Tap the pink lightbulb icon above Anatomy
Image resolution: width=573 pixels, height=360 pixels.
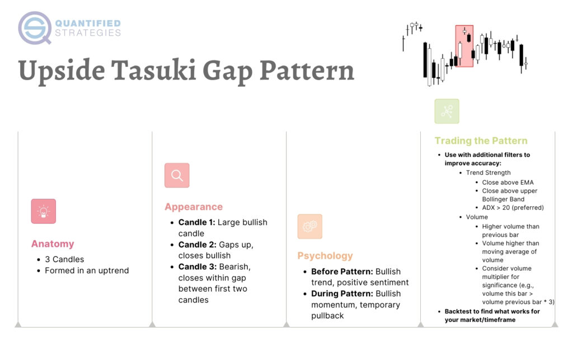click(x=44, y=211)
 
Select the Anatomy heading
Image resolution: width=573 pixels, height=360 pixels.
click(x=53, y=244)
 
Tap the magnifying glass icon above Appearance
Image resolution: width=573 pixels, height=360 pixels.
click(x=177, y=175)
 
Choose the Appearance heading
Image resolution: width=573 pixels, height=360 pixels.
click(x=194, y=207)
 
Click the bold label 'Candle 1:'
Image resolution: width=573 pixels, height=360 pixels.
click(x=196, y=222)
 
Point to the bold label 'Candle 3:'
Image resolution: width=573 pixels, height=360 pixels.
click(x=196, y=267)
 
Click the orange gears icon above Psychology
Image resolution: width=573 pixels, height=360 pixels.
click(x=309, y=226)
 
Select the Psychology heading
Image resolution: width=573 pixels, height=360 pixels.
click(x=325, y=256)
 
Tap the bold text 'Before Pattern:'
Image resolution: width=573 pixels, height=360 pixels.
click(x=342, y=272)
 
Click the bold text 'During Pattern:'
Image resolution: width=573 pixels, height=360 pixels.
click(x=342, y=293)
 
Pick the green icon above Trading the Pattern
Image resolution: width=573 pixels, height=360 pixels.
click(x=447, y=111)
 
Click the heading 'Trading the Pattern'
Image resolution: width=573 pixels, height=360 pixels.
click(x=481, y=141)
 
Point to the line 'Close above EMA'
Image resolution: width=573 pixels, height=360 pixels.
click(x=508, y=183)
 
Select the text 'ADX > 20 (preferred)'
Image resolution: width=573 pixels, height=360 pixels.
click(x=513, y=208)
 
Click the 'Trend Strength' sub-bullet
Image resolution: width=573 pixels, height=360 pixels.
click(x=488, y=173)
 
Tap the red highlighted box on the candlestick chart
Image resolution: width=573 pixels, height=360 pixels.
click(x=464, y=46)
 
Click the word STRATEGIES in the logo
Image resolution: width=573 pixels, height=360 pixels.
click(x=88, y=33)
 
